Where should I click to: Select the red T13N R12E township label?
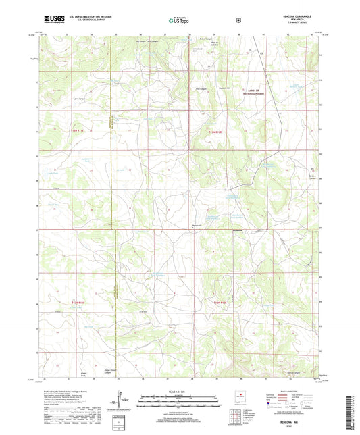pyautogui.click(x=215, y=132)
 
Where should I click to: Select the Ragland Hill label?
pyautogui.click(x=224, y=88)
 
